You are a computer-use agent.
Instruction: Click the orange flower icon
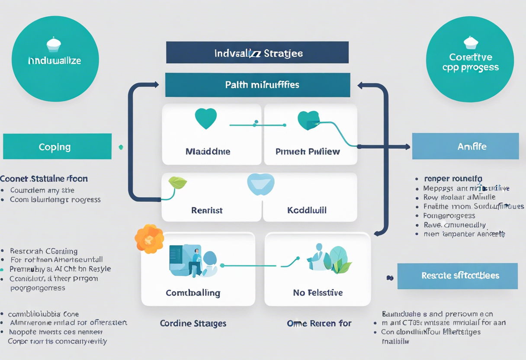point(149,238)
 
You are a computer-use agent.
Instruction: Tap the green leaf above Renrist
point(177,183)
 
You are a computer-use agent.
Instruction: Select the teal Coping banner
point(57,147)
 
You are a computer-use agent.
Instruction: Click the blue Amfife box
point(465,146)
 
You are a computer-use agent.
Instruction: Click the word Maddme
point(208,151)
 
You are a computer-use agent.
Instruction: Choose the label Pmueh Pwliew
point(308,151)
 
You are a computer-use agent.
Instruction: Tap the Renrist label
point(207,210)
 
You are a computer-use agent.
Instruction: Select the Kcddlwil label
point(307,210)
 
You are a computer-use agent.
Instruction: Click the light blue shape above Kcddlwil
point(260,184)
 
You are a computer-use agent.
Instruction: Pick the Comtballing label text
point(193,293)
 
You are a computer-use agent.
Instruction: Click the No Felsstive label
point(318,293)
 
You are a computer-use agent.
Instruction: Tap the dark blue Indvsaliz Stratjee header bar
point(257,53)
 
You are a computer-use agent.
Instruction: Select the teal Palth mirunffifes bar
point(257,85)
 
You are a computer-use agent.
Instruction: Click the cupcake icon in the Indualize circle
point(54,44)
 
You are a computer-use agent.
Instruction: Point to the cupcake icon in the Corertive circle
point(471,42)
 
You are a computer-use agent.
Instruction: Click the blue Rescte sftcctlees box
point(457,276)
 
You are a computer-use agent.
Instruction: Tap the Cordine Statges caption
point(193,323)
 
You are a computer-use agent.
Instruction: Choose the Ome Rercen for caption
point(319,323)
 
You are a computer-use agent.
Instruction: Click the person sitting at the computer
point(196,261)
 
